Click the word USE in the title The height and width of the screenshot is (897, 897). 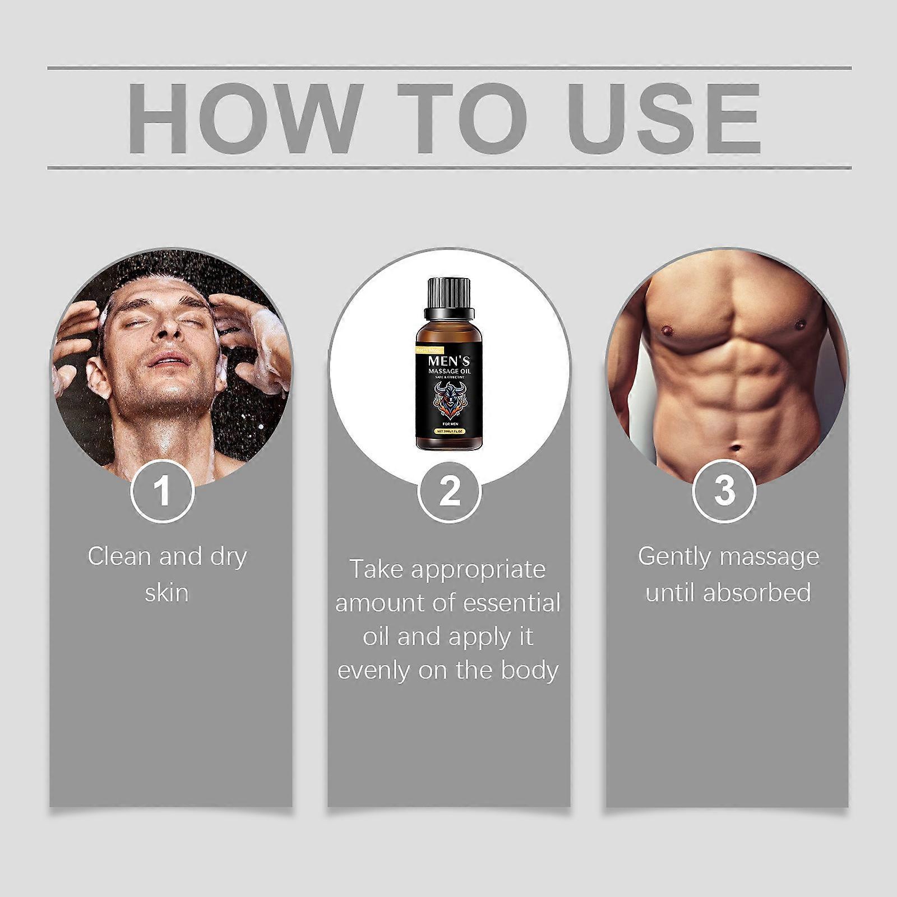(664, 118)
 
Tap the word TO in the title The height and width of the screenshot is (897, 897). (463, 118)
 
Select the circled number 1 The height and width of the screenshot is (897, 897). (163, 491)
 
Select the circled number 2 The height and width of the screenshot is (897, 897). (449, 491)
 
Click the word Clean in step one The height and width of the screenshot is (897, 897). (119, 557)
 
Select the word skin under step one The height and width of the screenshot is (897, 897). (167, 593)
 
